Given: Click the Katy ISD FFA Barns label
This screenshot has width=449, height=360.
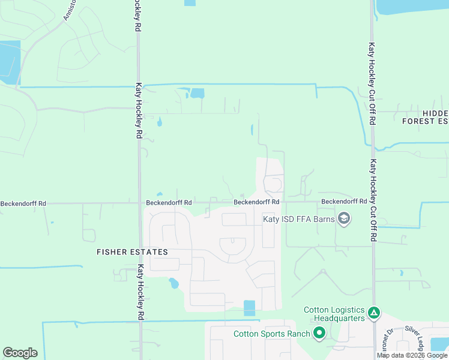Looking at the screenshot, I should tap(299, 219).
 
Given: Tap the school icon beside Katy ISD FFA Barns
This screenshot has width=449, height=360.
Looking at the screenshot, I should tap(344, 219).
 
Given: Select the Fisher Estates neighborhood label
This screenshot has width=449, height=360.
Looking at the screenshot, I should tap(132, 253).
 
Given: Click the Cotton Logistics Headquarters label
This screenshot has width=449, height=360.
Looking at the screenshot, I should tap(334, 314).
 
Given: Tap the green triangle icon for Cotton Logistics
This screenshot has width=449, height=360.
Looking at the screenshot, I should tap(373, 312).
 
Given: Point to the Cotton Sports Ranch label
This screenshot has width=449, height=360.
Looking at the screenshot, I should tap(272, 334).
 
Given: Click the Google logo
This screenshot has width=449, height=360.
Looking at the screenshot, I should tap(20, 353).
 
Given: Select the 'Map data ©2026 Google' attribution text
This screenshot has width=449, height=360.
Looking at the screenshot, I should tap(412, 355).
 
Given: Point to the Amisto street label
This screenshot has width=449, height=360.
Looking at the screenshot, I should tap(70, 8).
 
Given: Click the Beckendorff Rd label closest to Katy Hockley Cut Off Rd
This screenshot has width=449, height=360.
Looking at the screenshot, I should tap(344, 202).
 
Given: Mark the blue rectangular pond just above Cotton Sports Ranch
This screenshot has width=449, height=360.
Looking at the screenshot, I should tap(249, 308).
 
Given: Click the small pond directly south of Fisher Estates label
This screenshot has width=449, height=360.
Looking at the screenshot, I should tap(173, 283).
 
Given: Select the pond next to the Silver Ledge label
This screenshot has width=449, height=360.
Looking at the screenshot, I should tap(439, 343).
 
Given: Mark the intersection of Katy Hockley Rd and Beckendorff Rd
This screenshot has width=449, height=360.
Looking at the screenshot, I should tap(139, 203).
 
